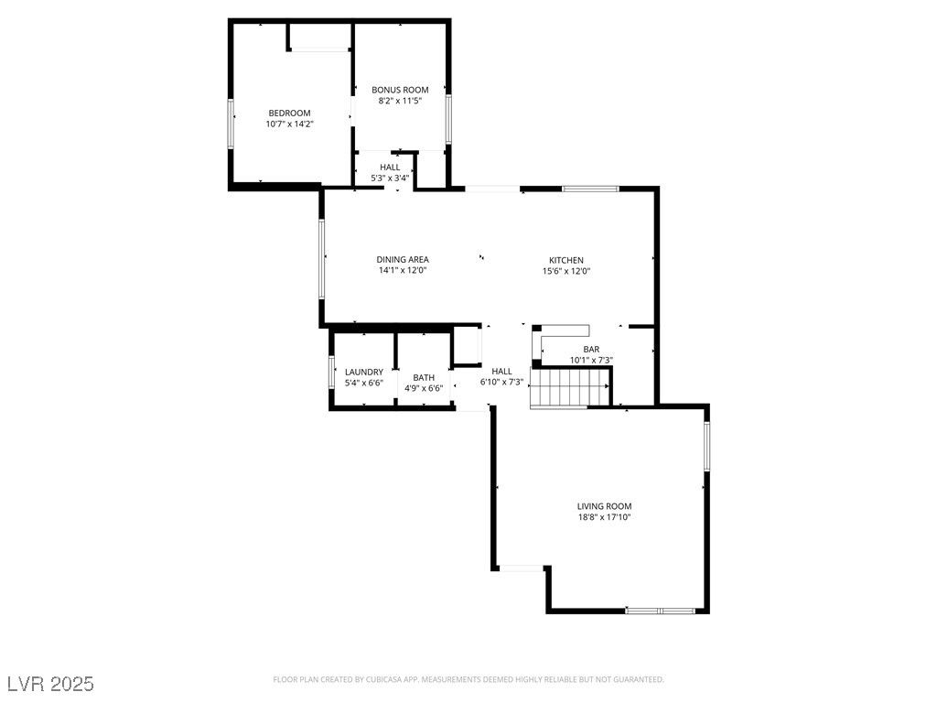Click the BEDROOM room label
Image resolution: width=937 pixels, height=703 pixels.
coord(289,113)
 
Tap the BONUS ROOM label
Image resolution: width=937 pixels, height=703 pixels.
coord(400,90)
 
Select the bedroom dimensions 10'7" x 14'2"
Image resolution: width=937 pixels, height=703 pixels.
coord(289,124)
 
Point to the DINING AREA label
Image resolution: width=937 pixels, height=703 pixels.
coord(403,260)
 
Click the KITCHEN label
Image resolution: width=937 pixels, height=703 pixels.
coord(565,260)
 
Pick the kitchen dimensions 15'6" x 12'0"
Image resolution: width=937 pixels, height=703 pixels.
coord(565,271)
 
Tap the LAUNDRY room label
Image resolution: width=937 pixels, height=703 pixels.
coord(363,372)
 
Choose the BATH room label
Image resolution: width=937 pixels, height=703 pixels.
coord(424,377)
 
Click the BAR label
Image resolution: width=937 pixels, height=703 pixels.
coord(591,350)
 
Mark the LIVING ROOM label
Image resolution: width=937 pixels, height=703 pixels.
coord(604,506)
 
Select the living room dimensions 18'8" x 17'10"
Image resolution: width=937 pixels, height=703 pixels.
coord(604,517)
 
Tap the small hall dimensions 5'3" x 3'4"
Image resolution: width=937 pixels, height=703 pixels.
coord(390,178)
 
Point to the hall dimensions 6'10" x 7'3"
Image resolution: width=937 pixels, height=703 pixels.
coord(501,382)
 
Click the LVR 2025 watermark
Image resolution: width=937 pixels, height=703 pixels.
coord(50,684)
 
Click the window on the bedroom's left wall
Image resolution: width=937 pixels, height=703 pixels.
coord(230,123)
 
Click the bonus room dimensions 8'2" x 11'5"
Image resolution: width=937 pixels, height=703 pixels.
coord(400,101)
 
